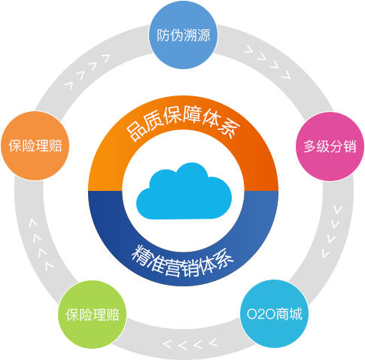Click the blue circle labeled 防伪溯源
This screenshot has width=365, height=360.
click(x=183, y=35)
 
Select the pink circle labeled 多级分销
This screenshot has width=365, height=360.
click(x=330, y=147)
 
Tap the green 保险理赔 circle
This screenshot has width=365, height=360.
click(x=93, y=314)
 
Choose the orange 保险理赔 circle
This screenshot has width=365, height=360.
click(x=35, y=146)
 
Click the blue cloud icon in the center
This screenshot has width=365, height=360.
click(x=184, y=191)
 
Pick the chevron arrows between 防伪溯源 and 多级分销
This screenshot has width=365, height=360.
click(x=267, y=62)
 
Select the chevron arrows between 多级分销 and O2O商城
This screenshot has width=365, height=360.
click(x=332, y=231)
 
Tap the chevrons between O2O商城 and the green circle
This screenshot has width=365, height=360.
click(x=190, y=343)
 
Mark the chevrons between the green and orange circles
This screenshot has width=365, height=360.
click(x=41, y=244)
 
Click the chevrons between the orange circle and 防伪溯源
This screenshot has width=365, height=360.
click(x=87, y=71)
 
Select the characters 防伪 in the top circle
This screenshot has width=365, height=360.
click(x=169, y=35)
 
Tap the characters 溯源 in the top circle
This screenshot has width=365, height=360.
click(x=197, y=35)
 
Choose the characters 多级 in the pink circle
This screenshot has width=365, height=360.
click(x=316, y=147)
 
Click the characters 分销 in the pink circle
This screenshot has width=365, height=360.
click(x=343, y=147)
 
